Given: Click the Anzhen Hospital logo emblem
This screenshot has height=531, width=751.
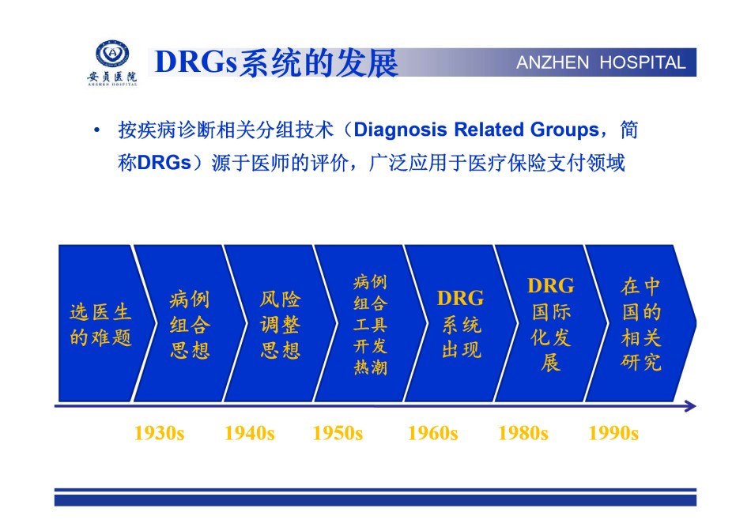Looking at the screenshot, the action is pos(112,54).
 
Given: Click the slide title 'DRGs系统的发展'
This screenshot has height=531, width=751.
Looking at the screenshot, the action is pos(277,62).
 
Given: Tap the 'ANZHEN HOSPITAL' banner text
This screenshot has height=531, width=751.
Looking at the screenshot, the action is pos(601,62).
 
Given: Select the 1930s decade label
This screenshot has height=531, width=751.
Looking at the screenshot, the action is pos(159,433).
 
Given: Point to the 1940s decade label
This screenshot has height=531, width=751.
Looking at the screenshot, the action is pos(250,433).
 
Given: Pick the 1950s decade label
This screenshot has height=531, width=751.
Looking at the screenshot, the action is pos(338,433).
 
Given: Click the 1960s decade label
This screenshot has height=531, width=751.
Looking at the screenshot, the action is pos(432,433).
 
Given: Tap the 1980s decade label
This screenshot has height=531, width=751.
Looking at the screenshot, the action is pos(523,433).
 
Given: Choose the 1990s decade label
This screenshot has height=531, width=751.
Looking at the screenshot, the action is pos(613,433).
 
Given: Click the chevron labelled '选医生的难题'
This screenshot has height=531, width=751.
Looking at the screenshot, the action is pos(100,324).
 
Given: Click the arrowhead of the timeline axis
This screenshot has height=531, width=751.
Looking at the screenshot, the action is pos(691,406).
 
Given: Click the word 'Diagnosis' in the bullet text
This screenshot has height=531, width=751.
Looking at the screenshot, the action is pos(401,130).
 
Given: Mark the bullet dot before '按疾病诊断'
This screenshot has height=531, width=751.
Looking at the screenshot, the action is pos(97,130).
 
